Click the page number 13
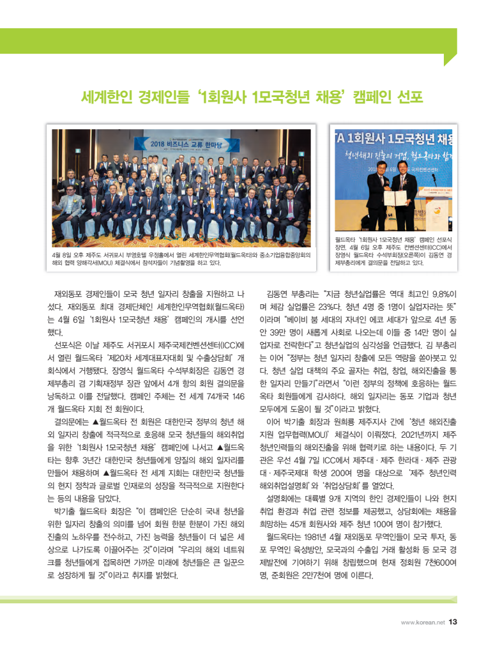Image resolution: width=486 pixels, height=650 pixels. pyautogui.click(x=453, y=622)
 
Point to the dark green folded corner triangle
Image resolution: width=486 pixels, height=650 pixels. pyautogui.click(x=450, y=59)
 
